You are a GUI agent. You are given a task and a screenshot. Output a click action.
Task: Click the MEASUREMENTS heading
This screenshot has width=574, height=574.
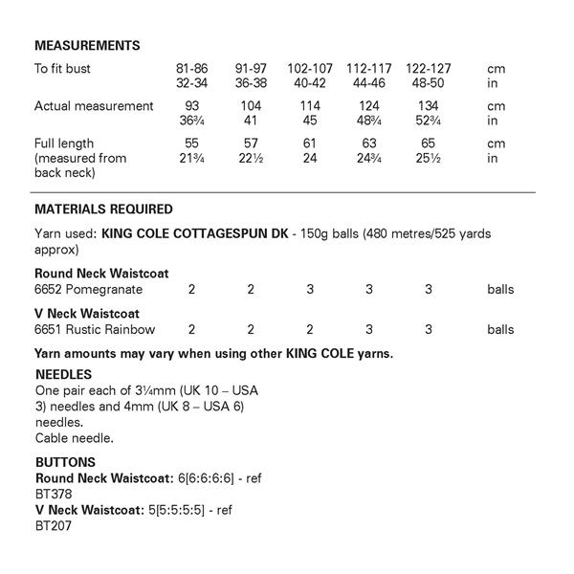pyautogui.click(x=87, y=45)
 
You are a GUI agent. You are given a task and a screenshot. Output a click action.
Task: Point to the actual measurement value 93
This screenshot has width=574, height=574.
pyautogui.click(x=191, y=106)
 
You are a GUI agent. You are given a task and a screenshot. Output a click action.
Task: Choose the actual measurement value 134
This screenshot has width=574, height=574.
pyautogui.click(x=427, y=106)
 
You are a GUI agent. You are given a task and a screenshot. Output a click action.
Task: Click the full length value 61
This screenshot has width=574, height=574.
pyautogui.click(x=309, y=143)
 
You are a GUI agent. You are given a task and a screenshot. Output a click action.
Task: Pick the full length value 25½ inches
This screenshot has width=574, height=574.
pyautogui.click(x=427, y=158)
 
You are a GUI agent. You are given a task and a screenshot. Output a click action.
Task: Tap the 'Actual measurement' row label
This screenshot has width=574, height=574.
pyautogui.click(x=94, y=106)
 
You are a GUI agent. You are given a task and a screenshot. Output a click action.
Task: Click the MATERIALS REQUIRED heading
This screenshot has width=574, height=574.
pyautogui.click(x=103, y=209)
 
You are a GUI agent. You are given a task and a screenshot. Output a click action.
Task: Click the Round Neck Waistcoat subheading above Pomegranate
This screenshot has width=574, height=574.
pyautogui.click(x=101, y=274)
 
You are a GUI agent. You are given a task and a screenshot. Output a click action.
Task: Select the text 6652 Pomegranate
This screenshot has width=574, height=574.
pyautogui.click(x=88, y=289)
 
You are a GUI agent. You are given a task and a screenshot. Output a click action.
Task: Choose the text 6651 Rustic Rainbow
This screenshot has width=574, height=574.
pyautogui.click(x=95, y=329)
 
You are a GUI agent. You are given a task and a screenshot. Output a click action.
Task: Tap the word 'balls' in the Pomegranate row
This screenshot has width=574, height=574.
pyautogui.click(x=500, y=289)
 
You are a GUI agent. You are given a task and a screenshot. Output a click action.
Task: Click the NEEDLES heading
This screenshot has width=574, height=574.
pyautogui.click(x=63, y=375)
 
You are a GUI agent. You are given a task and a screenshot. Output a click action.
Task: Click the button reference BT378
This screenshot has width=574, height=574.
pyautogui.click(x=54, y=494)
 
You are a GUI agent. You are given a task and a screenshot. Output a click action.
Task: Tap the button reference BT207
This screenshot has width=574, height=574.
pyautogui.click(x=54, y=525)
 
